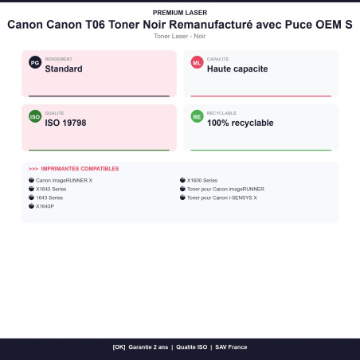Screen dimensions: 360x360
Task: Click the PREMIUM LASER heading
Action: click(180, 13)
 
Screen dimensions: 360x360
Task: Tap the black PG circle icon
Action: click(35, 63)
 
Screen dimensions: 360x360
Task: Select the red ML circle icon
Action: click(197, 63)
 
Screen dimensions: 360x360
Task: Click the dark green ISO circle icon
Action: click(35, 116)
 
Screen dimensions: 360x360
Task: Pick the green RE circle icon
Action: click(197, 116)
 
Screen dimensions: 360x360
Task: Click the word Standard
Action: click(64, 68)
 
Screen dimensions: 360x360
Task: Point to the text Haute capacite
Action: click(237, 68)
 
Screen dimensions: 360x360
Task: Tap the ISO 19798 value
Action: click(65, 123)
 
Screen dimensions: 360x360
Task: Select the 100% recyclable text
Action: click(241, 123)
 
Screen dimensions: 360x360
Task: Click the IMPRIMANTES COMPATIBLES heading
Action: click(80, 169)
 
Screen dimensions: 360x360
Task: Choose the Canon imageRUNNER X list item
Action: click(64, 180)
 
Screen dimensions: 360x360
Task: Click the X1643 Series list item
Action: click(51, 189)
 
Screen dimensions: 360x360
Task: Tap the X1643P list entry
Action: click(45, 206)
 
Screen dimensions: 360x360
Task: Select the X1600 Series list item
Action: click(202, 180)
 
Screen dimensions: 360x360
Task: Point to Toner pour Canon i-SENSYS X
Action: click(222, 198)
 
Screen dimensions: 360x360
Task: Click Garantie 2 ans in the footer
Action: click(148, 347)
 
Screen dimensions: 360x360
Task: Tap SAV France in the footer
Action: click(231, 347)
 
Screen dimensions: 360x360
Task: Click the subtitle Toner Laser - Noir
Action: click(180, 36)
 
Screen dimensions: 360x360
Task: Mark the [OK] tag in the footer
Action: click(119, 347)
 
